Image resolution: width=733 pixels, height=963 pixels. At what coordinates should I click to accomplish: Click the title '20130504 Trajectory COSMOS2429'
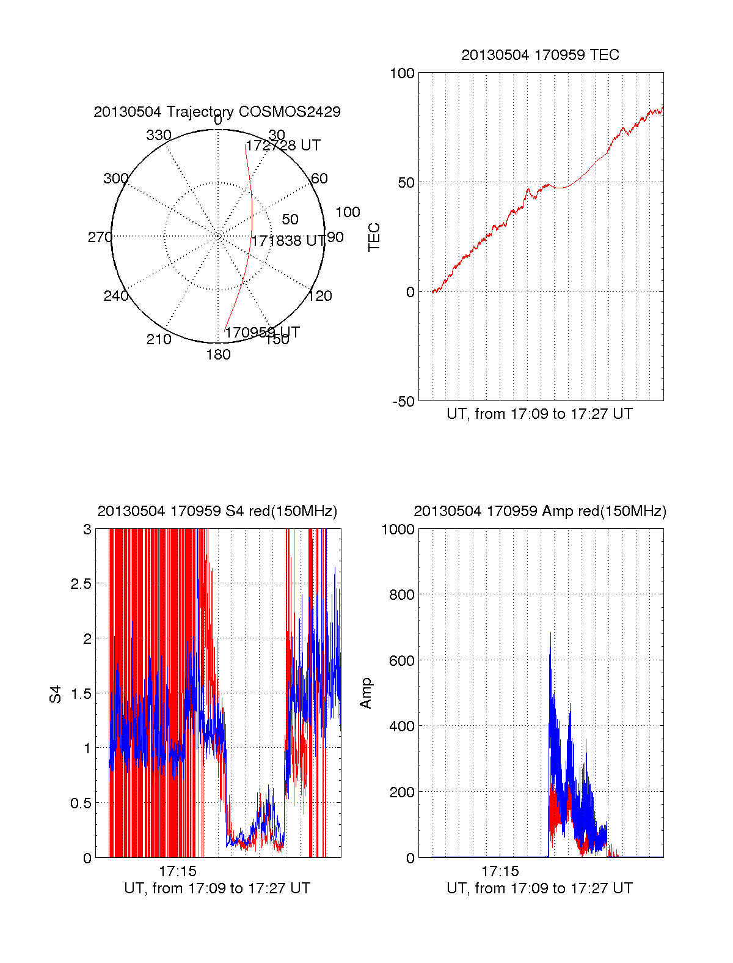pos(217,112)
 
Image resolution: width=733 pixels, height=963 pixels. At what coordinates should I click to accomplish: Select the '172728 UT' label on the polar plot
pos(283,146)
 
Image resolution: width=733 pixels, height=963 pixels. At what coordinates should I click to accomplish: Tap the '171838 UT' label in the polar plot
pos(288,241)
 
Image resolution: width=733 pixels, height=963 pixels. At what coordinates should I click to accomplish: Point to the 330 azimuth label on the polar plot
pos(158,135)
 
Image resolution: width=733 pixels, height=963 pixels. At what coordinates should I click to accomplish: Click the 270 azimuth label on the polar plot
pos(100,237)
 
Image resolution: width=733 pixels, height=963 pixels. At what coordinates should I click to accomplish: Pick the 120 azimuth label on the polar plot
pos(320,297)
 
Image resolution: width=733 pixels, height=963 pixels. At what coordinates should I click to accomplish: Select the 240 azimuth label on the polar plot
pos(115,297)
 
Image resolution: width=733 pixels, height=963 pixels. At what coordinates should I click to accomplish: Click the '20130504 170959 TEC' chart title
pos(540,55)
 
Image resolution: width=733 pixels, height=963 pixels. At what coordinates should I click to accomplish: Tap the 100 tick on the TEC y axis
pos(402,74)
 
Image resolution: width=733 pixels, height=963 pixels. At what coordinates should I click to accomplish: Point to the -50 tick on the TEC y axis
pos(403,402)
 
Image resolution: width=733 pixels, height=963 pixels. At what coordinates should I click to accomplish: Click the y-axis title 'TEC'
pos(374,237)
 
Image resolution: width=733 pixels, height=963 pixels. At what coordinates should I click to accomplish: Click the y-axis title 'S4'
pos(56,694)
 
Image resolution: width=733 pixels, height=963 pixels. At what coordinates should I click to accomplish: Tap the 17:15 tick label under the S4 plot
pos(178,871)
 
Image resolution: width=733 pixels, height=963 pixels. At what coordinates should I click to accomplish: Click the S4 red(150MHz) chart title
pos(217,511)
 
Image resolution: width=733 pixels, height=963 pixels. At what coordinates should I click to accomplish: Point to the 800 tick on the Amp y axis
pos(401,595)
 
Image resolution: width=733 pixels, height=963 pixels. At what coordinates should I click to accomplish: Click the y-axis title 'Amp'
pos(366,693)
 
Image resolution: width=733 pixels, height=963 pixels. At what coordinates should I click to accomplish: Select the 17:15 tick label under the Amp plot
pos(500,871)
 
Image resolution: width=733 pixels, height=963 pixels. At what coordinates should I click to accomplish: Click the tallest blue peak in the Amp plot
pos(550,633)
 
